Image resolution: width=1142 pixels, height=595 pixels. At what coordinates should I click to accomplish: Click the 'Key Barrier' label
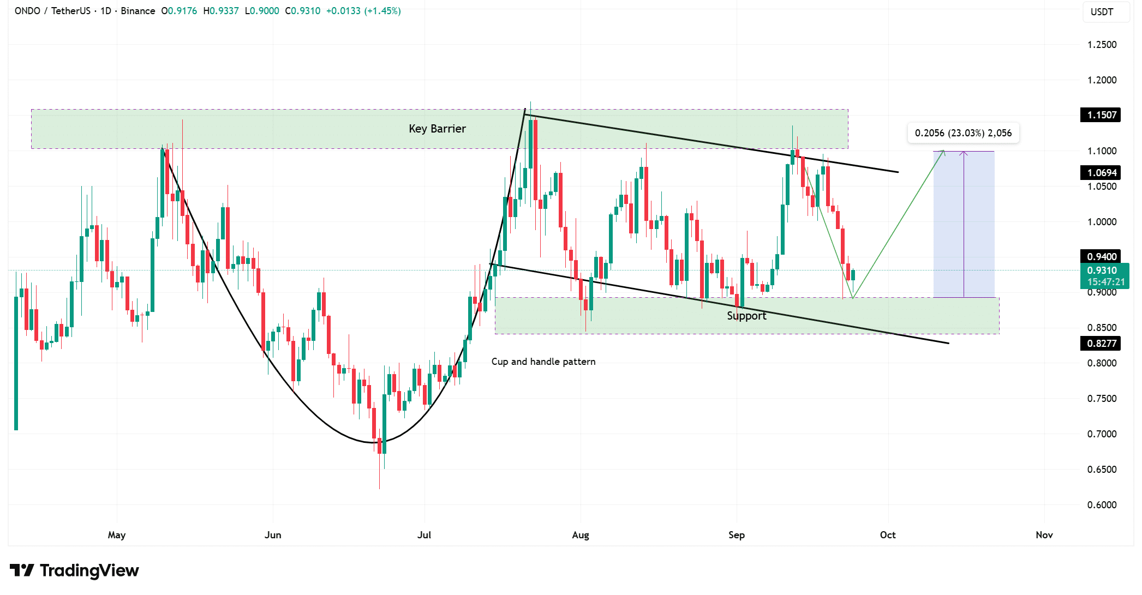click(x=437, y=129)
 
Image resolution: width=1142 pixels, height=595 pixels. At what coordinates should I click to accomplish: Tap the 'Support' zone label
click(x=746, y=316)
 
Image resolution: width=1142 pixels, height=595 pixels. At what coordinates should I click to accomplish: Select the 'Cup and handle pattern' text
click(x=543, y=362)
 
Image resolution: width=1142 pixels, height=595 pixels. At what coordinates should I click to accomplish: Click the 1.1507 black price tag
click(x=1101, y=115)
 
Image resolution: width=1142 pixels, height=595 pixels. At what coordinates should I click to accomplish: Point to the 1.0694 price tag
click(x=1101, y=173)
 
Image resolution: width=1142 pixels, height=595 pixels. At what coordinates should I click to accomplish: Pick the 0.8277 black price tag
click(x=1101, y=344)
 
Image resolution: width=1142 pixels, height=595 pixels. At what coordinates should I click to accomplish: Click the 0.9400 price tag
click(x=1101, y=257)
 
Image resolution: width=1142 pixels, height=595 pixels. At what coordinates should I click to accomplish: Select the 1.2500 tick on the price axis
click(x=1102, y=45)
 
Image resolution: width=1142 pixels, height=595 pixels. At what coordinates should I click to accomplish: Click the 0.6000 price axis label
click(x=1102, y=505)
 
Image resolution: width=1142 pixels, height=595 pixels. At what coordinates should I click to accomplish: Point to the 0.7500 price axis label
click(x=1102, y=399)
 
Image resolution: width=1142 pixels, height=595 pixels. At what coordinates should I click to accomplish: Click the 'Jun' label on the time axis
click(x=273, y=535)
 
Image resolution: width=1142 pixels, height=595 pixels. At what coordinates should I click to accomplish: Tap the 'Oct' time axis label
click(x=888, y=535)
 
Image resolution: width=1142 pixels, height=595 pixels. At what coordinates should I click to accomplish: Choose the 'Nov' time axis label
click(x=1044, y=535)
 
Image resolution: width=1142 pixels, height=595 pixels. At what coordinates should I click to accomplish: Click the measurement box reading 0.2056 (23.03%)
click(x=963, y=133)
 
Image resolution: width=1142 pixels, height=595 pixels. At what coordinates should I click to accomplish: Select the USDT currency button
click(x=1102, y=12)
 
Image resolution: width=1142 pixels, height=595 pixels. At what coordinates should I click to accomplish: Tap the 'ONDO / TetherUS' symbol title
click(x=52, y=11)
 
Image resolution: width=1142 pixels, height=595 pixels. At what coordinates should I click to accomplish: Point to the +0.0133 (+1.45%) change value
click(x=363, y=11)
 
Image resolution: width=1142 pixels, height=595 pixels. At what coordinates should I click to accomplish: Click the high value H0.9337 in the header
click(x=221, y=11)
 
